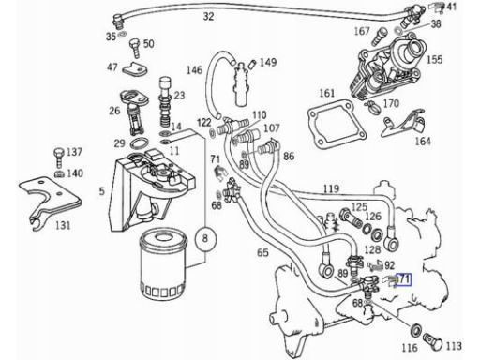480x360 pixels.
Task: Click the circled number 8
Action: pyautogui.click(x=205, y=239)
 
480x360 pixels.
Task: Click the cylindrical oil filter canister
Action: pyautogui.click(x=163, y=265)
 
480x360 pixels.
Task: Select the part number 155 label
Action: pyautogui.click(x=434, y=59)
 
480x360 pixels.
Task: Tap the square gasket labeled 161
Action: pyautogui.click(x=337, y=124)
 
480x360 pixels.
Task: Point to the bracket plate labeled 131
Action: pyautogui.click(x=50, y=200)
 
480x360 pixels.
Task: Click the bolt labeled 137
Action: pyautogui.click(x=59, y=158)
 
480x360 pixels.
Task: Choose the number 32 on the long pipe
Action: pyautogui.click(x=208, y=16)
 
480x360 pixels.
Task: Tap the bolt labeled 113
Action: pyautogui.click(x=433, y=342)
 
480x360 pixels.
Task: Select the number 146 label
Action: pyautogui.click(x=194, y=69)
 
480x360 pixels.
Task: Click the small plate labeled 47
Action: pyautogui.click(x=135, y=69)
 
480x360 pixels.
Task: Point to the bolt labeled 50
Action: pyautogui.click(x=135, y=48)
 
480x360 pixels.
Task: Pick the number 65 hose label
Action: pyautogui.click(x=262, y=252)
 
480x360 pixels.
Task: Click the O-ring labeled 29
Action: pyautogui.click(x=139, y=143)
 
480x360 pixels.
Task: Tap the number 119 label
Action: pyautogui.click(x=331, y=188)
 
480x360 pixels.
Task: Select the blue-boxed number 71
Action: pyautogui.click(x=403, y=278)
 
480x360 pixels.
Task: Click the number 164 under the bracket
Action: pyautogui.click(x=423, y=142)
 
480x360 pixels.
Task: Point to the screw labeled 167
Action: pyautogui.click(x=380, y=37)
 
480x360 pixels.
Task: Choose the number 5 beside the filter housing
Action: pyautogui.click(x=102, y=191)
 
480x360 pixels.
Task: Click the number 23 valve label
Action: pyautogui.click(x=179, y=95)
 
